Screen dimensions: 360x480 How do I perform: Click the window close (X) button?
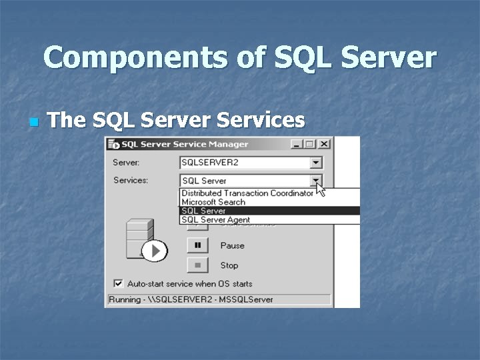[324, 144]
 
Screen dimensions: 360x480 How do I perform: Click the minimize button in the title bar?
[296, 144]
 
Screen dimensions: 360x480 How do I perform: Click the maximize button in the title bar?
[309, 144]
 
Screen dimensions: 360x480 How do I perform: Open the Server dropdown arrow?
[316, 163]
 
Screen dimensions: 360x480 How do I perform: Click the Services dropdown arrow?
[316, 180]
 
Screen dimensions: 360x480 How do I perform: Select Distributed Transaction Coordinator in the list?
[247, 193]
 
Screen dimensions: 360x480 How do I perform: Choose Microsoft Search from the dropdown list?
[213, 202]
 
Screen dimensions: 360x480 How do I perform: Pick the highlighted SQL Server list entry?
[204, 211]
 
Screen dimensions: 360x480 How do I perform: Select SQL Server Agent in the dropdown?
[216, 219]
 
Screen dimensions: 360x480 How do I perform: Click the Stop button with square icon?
[198, 265]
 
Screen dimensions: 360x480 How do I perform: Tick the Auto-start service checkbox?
[119, 283]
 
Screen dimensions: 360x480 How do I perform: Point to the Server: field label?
[126, 163]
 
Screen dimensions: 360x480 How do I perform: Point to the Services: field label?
[131, 180]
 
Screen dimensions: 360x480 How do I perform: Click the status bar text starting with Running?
[191, 299]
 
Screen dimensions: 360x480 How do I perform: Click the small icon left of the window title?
[113, 144]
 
